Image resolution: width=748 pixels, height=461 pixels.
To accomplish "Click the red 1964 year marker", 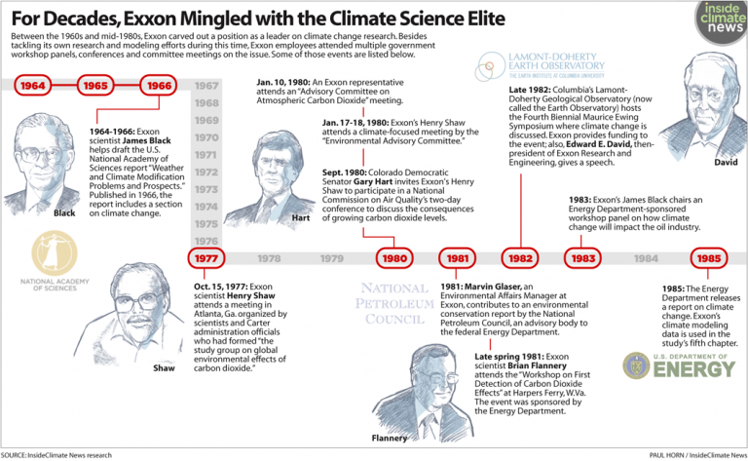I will point(33,86).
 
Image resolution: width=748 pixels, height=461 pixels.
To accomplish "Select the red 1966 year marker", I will point(160,86).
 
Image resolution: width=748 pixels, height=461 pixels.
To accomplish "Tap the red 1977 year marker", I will point(206,258).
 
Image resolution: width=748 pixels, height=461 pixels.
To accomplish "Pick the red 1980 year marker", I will point(394,258).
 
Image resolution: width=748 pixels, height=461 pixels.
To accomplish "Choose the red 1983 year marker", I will point(583,258).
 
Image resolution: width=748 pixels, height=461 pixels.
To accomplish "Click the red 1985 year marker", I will point(709,258).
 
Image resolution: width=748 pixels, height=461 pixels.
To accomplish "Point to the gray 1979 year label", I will point(332,258).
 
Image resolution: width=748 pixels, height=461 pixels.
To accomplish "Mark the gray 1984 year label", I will point(646,258).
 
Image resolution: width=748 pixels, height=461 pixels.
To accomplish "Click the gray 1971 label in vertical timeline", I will point(206,154).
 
